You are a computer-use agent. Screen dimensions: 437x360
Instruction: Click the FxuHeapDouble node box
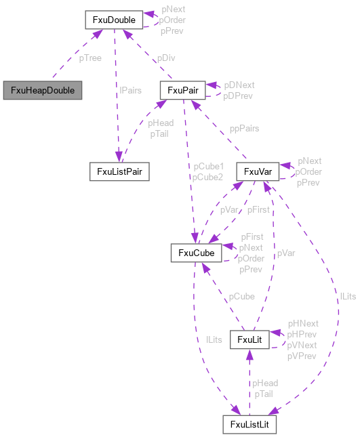pos(42,90)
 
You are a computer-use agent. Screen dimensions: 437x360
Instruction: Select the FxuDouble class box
pos(113,20)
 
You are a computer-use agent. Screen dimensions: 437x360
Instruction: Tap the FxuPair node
pos(182,90)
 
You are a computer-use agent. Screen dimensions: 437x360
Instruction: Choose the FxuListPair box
pos(119,171)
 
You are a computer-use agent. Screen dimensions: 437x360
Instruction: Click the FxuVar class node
pos(258,172)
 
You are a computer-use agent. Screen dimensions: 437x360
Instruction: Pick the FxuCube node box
pos(197,253)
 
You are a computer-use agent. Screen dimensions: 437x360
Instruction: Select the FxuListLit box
pos(249,425)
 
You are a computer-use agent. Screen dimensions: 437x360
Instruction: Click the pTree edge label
pos(90,58)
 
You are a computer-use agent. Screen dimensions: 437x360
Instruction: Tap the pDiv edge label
pos(167,58)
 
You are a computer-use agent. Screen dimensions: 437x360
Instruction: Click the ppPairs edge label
pos(244,129)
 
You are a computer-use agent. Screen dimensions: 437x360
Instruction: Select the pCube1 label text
pos(208,166)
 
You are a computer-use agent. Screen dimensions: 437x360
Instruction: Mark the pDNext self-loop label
pos(239,85)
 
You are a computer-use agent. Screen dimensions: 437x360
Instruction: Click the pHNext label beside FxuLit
pos(303,324)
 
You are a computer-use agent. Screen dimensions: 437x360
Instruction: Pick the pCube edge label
pos(241,297)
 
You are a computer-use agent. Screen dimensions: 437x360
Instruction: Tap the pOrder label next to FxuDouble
pos(173,20)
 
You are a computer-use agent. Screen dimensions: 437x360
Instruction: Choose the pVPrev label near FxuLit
pos(302,356)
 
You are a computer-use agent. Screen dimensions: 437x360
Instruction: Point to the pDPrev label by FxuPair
pos(239,96)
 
